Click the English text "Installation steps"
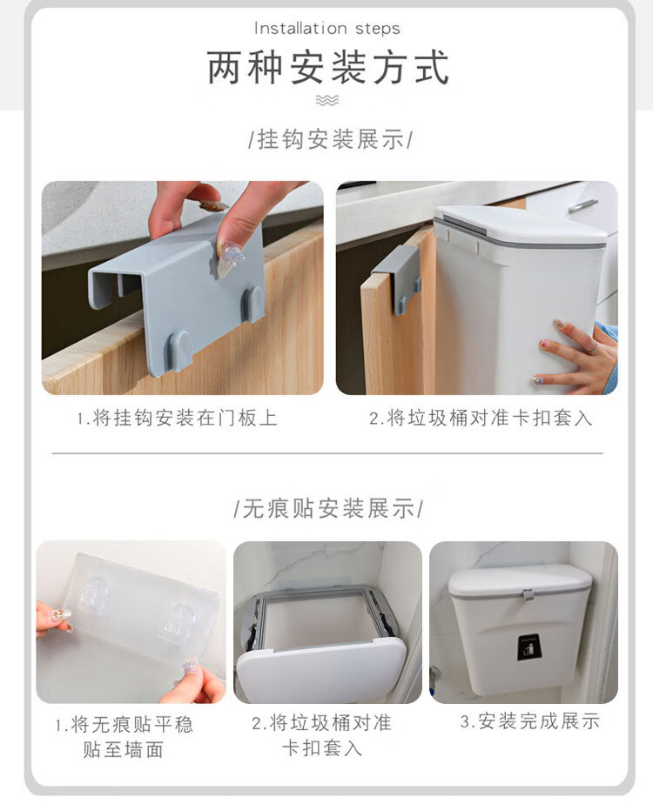click(327, 28)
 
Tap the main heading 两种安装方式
click(327, 67)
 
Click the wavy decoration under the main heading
click(327, 100)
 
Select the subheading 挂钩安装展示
click(330, 139)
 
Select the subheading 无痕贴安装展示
click(328, 508)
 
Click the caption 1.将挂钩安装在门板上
click(178, 418)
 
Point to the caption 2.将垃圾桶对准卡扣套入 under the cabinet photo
click(481, 418)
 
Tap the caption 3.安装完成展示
click(530, 721)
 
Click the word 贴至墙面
click(123, 749)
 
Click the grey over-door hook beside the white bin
click(398, 279)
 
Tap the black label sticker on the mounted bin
click(529, 647)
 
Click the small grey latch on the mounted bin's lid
click(528, 595)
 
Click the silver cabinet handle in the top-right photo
click(583, 205)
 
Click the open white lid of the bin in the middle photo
click(321, 669)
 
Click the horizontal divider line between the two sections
click(327, 453)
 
